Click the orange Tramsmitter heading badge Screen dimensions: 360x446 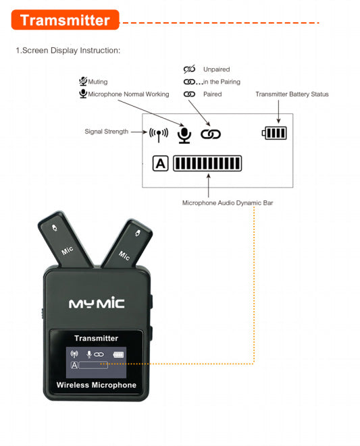(x=65, y=20)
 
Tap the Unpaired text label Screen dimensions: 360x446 (x=216, y=69)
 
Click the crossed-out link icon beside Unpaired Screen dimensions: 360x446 (x=189, y=69)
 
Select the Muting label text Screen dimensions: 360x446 (x=98, y=82)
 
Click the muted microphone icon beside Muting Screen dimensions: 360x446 (x=83, y=82)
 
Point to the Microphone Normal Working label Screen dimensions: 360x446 (x=128, y=94)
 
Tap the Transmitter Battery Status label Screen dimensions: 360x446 (x=292, y=94)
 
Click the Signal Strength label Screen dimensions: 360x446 (x=107, y=132)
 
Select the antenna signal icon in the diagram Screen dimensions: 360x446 (x=159, y=134)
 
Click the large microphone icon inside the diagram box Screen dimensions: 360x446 (x=184, y=136)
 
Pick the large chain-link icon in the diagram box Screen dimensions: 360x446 (x=211, y=134)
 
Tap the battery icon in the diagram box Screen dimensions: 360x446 (x=274, y=133)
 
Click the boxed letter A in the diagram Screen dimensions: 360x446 (x=160, y=163)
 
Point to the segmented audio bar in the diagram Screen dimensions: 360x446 (x=207, y=163)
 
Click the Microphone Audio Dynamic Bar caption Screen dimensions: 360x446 (x=228, y=203)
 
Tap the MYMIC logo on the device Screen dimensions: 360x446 (x=97, y=303)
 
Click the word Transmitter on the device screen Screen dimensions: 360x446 (x=97, y=338)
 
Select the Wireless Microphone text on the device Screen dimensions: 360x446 (x=97, y=385)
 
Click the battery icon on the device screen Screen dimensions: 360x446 (x=118, y=354)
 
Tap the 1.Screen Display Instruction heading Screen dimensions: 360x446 (x=68, y=51)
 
